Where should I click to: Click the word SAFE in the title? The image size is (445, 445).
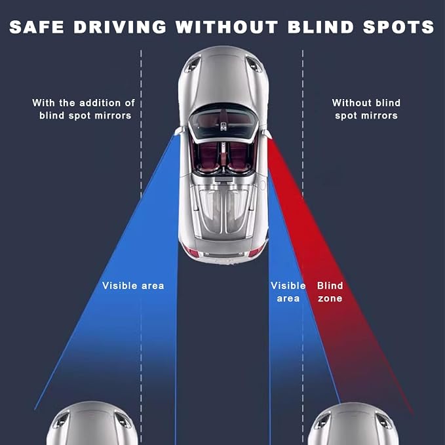coord(37,27)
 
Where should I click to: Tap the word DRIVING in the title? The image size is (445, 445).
coord(120,27)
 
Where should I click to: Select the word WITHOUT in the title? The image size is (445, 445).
coord(227,27)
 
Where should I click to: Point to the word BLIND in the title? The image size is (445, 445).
coord(320,27)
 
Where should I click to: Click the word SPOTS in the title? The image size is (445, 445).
coord(398,27)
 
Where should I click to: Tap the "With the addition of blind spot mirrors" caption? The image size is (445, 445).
coord(84,109)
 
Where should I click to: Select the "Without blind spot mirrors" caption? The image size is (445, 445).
coord(366,109)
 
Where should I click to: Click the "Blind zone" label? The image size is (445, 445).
coord(330,292)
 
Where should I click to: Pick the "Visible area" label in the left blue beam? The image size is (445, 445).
coord(133,286)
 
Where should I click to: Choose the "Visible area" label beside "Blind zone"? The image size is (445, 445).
coord(288,292)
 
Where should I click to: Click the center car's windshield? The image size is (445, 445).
coord(223,123)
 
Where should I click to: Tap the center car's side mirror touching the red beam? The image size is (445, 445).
coord(267,134)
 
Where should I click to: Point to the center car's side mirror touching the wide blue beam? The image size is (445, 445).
coord(179,131)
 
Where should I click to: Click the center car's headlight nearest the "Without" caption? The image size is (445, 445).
coord(254,64)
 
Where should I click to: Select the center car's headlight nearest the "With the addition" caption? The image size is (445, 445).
coord(192,64)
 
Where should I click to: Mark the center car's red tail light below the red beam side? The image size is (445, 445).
coord(256,251)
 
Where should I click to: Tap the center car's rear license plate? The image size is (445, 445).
coord(223,255)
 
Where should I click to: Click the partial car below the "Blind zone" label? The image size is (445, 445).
coord(354,424)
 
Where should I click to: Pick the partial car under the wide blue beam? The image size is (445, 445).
coord(92,423)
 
